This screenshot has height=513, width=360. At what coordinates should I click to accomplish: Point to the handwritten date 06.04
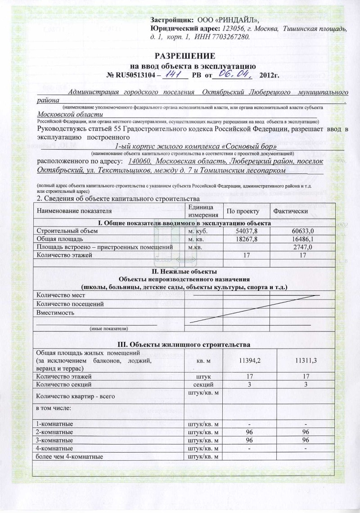[x=233, y=73]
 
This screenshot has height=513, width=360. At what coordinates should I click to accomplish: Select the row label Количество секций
[x=64, y=384]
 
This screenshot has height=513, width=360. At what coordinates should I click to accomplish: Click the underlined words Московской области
[x=70, y=114]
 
